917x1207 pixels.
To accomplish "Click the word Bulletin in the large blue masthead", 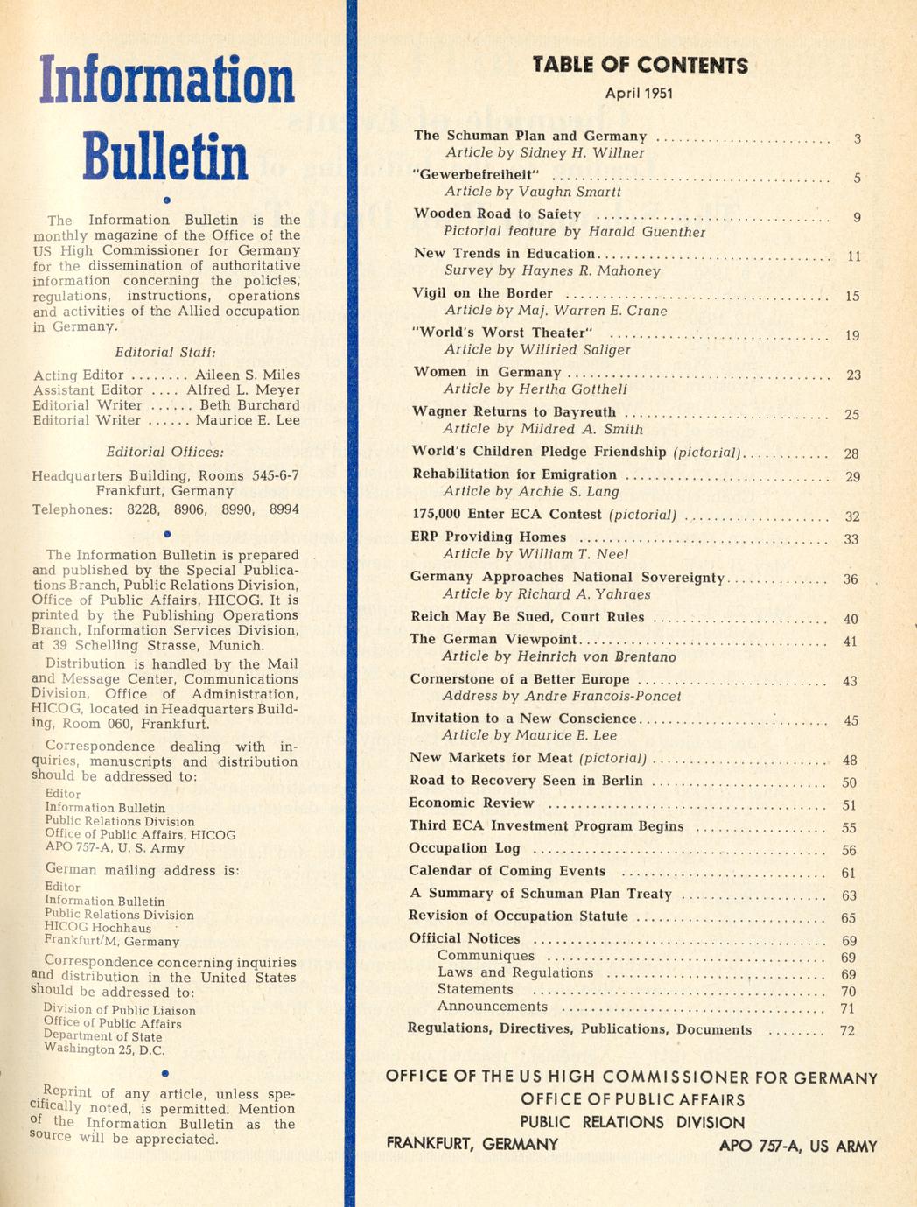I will (x=165, y=158).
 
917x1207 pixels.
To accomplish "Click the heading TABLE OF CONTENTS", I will (x=640, y=66).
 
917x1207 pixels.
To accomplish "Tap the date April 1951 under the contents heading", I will (x=639, y=94).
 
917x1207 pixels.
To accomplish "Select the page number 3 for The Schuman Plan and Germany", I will (x=857, y=138).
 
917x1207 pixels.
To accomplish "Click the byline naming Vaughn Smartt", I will (x=532, y=192).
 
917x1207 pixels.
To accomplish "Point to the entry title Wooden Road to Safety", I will (x=497, y=214).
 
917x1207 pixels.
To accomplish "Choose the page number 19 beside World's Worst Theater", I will (x=852, y=335).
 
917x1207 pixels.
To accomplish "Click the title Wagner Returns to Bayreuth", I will (x=514, y=411).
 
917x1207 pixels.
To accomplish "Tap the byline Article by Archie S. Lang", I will (x=530, y=492).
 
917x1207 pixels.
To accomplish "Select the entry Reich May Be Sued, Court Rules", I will (x=527, y=617).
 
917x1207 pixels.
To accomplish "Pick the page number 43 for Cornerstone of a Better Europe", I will (x=850, y=681).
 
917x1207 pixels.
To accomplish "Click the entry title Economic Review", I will (x=471, y=803).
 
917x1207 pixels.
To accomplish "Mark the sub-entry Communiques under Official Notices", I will (x=486, y=956).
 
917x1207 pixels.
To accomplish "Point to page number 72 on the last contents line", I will (x=847, y=1030).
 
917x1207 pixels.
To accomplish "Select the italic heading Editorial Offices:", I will (x=165, y=453).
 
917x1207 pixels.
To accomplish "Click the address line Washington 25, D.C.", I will (x=104, y=1049).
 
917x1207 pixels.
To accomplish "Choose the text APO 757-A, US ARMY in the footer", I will (x=797, y=1146).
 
